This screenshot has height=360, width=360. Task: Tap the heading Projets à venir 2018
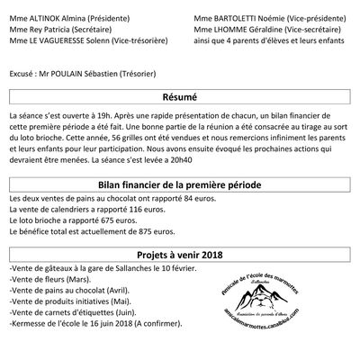pos(180,254)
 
